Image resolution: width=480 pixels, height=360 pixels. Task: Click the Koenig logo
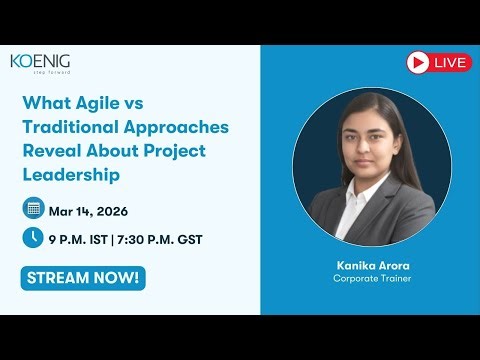[x=40, y=62]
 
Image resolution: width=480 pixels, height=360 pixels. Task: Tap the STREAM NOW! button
[x=83, y=278]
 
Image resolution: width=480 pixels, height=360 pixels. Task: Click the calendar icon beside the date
[x=34, y=209]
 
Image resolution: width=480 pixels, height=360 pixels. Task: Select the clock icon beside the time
[x=34, y=238]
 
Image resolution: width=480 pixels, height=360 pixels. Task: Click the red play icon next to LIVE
[x=418, y=63]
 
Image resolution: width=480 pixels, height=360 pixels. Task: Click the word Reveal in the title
[x=52, y=151]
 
